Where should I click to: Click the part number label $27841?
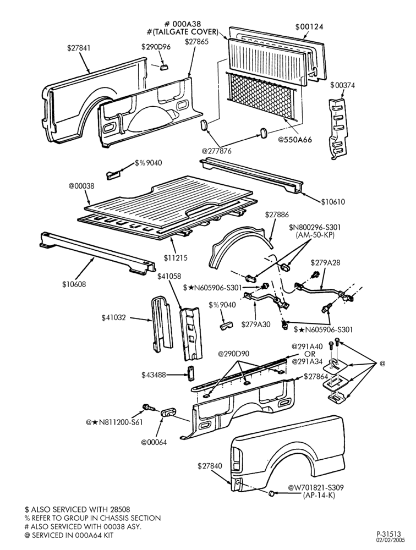[79, 48]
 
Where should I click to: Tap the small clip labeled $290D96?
[164, 67]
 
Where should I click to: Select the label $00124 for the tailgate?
[309, 26]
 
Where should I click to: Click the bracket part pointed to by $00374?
[338, 128]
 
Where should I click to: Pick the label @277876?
[216, 151]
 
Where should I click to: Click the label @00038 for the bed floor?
[81, 186]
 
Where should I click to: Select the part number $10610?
[333, 202]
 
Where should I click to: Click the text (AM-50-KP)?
[315, 235]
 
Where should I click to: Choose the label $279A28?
[325, 262]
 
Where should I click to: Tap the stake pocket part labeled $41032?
[161, 322]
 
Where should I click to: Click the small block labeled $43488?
[190, 373]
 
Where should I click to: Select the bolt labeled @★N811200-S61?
[149, 408]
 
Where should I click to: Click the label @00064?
[154, 442]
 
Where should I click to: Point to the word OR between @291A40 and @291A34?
[310, 354]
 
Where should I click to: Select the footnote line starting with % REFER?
[92, 518]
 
